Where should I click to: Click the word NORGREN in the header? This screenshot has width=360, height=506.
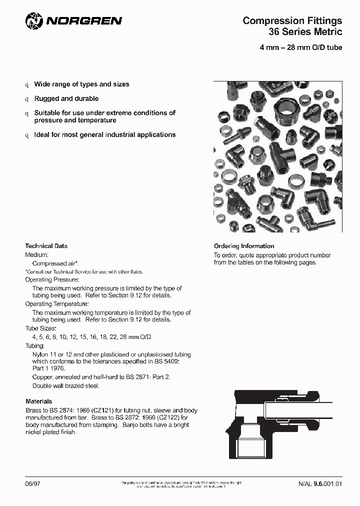(x=84, y=21)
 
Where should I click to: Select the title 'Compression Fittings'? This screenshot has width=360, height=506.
(x=292, y=20)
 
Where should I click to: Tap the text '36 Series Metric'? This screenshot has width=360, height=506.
(x=305, y=32)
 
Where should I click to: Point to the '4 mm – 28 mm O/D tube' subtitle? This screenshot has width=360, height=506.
(x=300, y=48)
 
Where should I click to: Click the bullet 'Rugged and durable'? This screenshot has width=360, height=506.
(x=66, y=98)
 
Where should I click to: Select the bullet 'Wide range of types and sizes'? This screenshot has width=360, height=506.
(x=81, y=84)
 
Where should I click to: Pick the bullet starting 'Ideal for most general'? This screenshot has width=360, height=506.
(x=104, y=134)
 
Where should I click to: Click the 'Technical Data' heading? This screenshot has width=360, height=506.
(x=46, y=246)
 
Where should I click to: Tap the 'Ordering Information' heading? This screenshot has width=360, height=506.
(x=244, y=246)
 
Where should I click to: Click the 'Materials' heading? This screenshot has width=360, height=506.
(x=38, y=401)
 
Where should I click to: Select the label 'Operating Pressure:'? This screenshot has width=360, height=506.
(x=52, y=279)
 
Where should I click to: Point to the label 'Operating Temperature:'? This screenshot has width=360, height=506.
(x=56, y=304)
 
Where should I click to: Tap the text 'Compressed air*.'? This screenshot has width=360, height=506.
(x=55, y=263)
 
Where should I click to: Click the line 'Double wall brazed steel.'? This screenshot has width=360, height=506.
(x=66, y=385)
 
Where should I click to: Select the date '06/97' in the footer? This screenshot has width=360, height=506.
(x=31, y=483)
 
